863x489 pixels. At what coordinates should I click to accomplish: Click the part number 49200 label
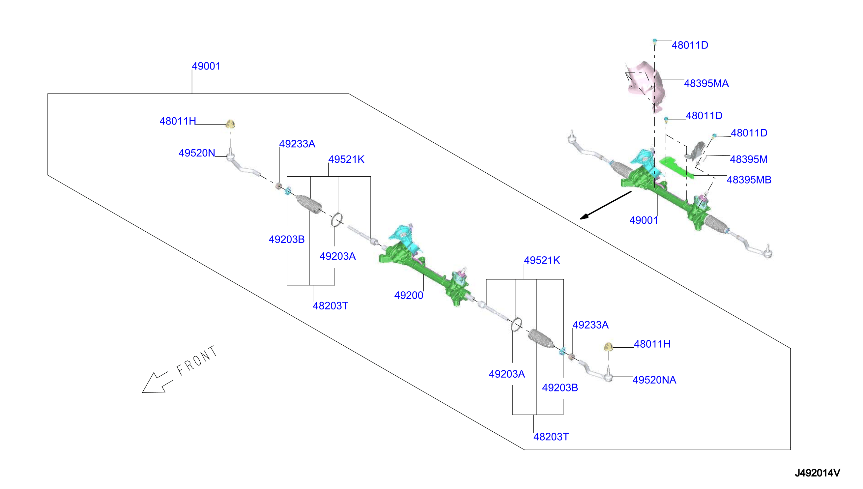(x=408, y=295)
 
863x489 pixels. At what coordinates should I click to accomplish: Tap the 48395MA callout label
(x=706, y=83)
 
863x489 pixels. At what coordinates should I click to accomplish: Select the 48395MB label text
(x=749, y=180)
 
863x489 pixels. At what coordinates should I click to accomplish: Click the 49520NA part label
(x=654, y=380)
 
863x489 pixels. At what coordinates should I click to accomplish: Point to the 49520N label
(x=197, y=153)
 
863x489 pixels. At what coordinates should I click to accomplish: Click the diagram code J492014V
(x=817, y=473)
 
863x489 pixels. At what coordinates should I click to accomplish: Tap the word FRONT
(x=197, y=361)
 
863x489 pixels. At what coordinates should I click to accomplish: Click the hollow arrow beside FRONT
(x=157, y=382)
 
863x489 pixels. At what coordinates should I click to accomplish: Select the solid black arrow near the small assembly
(x=606, y=205)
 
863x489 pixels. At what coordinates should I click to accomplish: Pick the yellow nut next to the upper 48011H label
(x=230, y=124)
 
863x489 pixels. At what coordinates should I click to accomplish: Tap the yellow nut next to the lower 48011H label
(x=608, y=347)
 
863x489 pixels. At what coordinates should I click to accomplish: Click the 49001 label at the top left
(x=206, y=66)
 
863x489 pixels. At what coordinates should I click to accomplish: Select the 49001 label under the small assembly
(x=644, y=220)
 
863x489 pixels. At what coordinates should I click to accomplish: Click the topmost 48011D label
(x=690, y=45)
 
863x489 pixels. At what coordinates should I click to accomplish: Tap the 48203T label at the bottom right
(x=551, y=437)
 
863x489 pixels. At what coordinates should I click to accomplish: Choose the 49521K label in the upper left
(x=346, y=159)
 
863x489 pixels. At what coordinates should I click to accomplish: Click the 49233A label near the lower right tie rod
(x=590, y=325)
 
